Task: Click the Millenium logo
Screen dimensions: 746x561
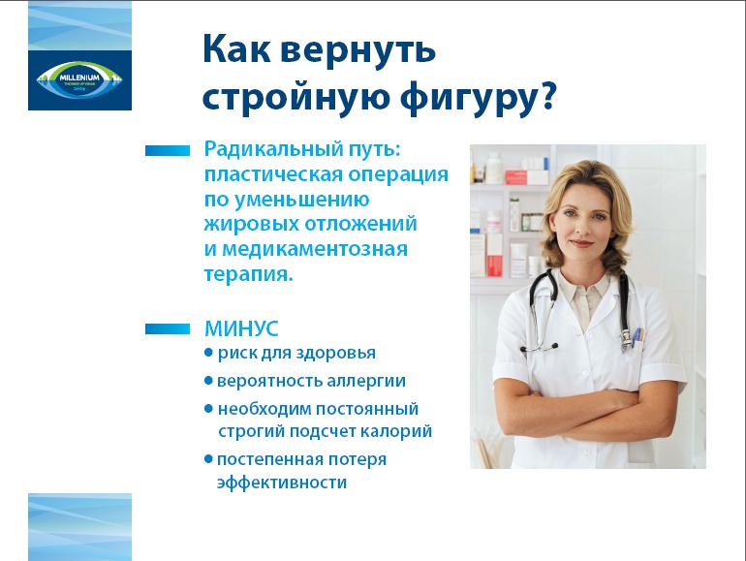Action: (79, 79)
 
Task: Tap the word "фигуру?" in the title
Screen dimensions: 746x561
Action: (478, 98)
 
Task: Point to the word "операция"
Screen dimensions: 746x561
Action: (398, 174)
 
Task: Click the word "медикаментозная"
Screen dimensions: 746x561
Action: (315, 249)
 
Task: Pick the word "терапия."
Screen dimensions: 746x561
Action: (248, 274)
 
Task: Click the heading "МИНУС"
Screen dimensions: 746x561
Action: (241, 328)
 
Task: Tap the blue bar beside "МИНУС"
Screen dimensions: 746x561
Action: (168, 328)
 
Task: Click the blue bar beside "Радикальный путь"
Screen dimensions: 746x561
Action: (168, 150)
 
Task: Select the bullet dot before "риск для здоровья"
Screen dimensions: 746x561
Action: (208, 353)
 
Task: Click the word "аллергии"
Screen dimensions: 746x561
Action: (366, 381)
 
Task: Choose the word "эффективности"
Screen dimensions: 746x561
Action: (282, 483)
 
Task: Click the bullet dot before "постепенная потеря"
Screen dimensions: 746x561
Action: (208, 459)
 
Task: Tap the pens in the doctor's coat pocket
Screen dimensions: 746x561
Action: (637, 334)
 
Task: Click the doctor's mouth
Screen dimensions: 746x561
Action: (580, 243)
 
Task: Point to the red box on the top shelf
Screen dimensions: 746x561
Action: (516, 177)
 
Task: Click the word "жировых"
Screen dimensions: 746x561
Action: (251, 224)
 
